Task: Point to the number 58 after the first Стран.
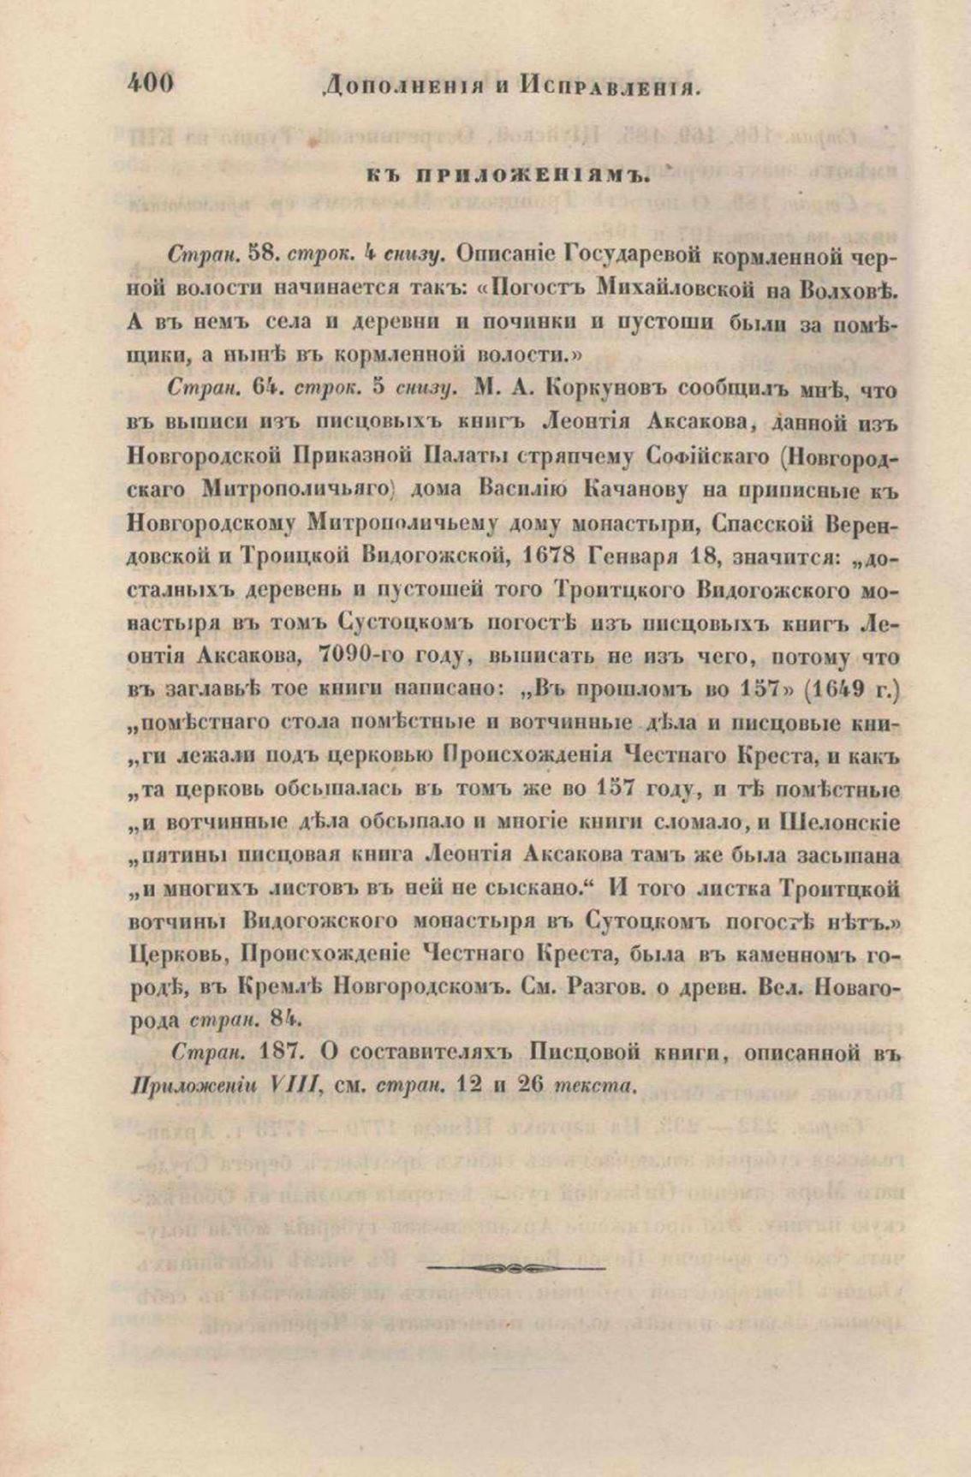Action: coord(264,254)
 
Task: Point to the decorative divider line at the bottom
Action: coord(515,1266)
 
